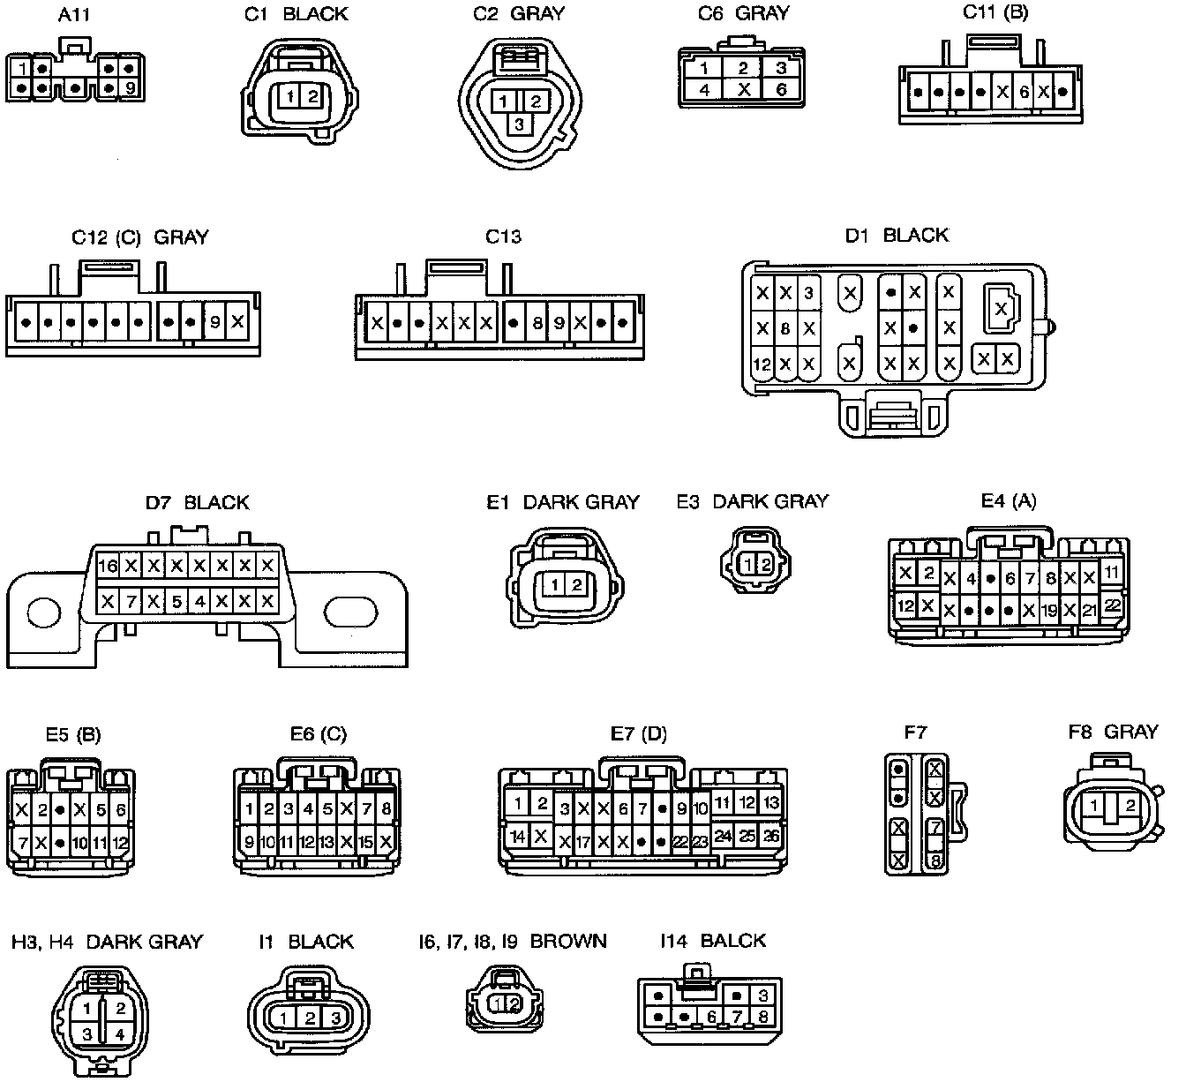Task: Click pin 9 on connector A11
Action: (130, 87)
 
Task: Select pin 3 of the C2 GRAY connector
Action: (519, 124)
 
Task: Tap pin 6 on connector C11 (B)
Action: (1025, 92)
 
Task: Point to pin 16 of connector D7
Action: (108, 567)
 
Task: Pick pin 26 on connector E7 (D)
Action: (770, 834)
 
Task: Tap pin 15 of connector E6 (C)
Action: (365, 842)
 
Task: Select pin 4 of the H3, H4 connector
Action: (121, 1033)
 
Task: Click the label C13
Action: (504, 237)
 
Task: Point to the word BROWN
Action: (568, 941)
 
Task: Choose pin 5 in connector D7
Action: (176, 603)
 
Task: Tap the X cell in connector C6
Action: (743, 90)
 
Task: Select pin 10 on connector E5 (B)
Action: (79, 843)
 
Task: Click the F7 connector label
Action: (916, 732)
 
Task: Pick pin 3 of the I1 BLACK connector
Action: (335, 1018)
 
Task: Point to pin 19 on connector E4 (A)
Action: (1049, 610)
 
